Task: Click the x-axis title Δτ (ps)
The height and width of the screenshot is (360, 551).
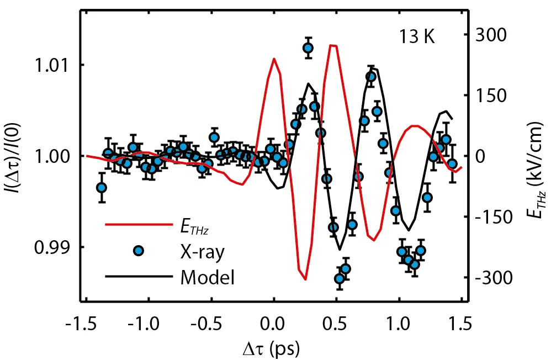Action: [274, 348]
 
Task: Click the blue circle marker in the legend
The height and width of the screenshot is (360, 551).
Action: [139, 251]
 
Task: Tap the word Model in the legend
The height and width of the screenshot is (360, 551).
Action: [208, 277]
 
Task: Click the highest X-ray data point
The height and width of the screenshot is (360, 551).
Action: [308, 49]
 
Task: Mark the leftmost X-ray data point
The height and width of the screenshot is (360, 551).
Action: [101, 188]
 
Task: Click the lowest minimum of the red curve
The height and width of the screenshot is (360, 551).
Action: [305, 279]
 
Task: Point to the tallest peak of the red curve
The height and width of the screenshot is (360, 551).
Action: [332, 45]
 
